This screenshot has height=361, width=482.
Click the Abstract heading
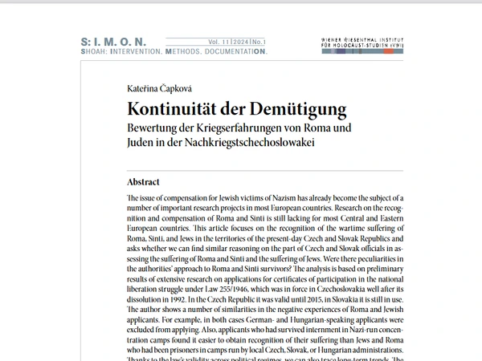pyautogui.click(x=144, y=181)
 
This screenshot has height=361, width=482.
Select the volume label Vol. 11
pyautogui.click(x=218, y=41)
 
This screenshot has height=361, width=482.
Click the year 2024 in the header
pyautogui.click(x=239, y=41)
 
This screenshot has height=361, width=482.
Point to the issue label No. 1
pyautogui.click(x=259, y=41)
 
